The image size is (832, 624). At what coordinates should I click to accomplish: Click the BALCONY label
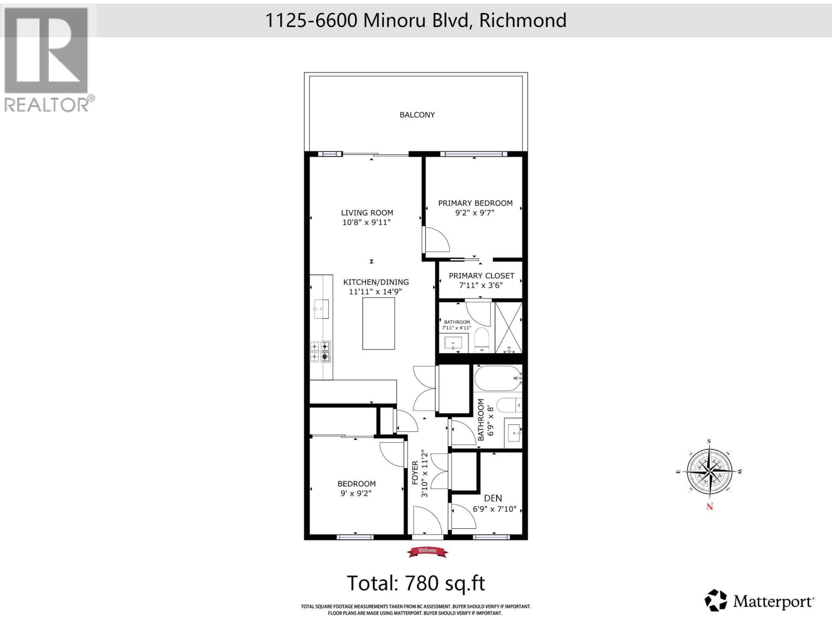coord(417,115)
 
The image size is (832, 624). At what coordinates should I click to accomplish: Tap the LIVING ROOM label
coord(367,213)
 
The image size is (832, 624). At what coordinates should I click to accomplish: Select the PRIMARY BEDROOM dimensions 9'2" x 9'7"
coord(475,213)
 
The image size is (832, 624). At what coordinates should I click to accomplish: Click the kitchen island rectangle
coord(379,323)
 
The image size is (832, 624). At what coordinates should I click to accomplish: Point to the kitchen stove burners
coord(320,351)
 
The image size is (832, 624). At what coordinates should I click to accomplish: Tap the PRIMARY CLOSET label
coord(481,276)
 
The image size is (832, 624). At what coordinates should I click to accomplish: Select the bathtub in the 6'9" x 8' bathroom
coord(497,378)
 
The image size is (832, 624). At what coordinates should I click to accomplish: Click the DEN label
coord(493,498)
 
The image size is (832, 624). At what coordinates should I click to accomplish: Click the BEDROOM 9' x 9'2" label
coord(356,484)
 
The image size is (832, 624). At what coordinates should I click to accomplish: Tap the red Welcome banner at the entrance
coord(427,551)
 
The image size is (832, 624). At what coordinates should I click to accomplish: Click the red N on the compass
coord(710,506)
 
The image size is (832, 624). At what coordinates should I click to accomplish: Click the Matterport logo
coord(759,602)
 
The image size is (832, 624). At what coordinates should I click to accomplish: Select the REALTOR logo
coord(49,60)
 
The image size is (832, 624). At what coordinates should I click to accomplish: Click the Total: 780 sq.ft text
coord(416,583)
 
